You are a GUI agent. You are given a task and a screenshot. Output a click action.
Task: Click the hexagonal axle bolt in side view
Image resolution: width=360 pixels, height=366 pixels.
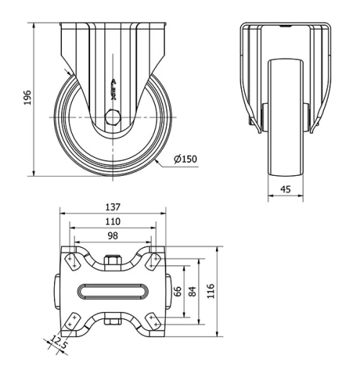[111, 117]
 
